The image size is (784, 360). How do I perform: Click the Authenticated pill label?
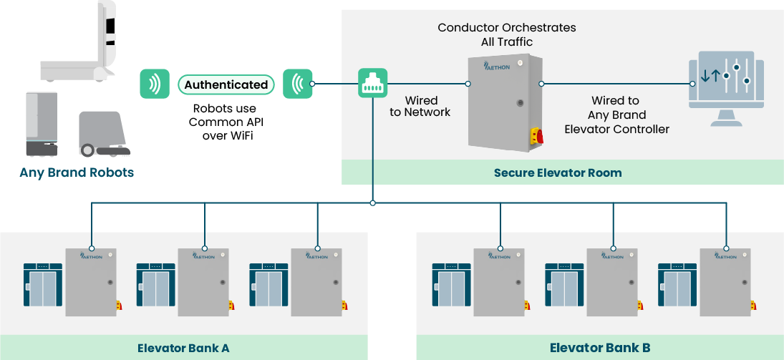[226, 84]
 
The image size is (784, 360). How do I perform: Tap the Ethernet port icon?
[372, 84]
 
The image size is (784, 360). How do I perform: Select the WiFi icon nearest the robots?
[154, 84]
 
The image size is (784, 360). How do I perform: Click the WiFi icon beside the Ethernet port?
[297, 84]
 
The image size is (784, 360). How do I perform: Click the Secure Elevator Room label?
[557, 172]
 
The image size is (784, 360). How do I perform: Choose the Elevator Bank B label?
[600, 348]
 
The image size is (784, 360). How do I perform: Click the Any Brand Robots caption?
[77, 172]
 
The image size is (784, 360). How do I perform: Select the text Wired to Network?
[420, 106]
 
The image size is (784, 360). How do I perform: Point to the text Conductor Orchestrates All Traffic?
[506, 34]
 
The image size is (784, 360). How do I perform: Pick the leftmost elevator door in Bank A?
[43, 289]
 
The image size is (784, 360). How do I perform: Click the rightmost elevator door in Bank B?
[677, 289]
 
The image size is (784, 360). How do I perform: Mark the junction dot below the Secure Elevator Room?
[372, 203]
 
